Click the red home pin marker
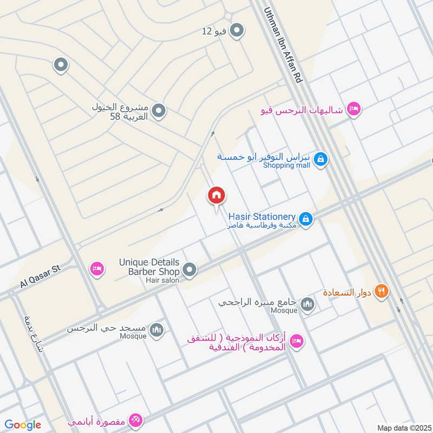click(216, 195)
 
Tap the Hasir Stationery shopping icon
click(306, 219)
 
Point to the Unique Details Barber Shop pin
click(189, 269)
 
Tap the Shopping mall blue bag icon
click(321, 159)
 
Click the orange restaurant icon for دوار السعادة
click(382, 291)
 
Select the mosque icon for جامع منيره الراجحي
click(308, 305)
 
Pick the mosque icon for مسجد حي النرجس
click(156, 330)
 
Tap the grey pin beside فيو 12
click(236, 31)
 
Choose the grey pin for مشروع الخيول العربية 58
click(159, 111)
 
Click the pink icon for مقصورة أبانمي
click(136, 420)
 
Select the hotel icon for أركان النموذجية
click(296, 341)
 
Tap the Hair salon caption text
click(162, 280)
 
